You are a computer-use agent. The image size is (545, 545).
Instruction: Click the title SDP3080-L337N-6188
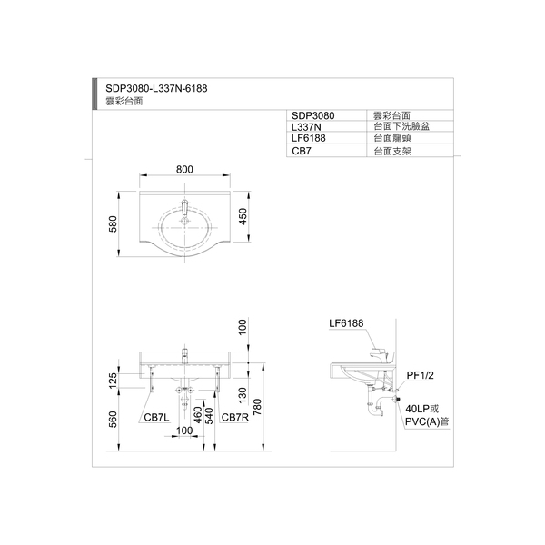[156, 89]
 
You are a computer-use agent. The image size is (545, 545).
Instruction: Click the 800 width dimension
[184, 169]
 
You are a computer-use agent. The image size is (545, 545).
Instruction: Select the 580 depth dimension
[113, 223]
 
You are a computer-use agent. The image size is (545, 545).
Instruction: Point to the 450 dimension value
[243, 216]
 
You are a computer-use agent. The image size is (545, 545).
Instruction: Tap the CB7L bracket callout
[156, 417]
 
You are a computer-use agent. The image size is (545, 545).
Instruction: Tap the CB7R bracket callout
[235, 417]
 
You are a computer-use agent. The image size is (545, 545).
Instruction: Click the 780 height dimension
[257, 407]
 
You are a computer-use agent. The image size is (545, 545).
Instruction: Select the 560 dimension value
[113, 419]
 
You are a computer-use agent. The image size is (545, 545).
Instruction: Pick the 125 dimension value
[113, 381]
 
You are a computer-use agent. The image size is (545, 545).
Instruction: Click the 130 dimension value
[243, 395]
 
